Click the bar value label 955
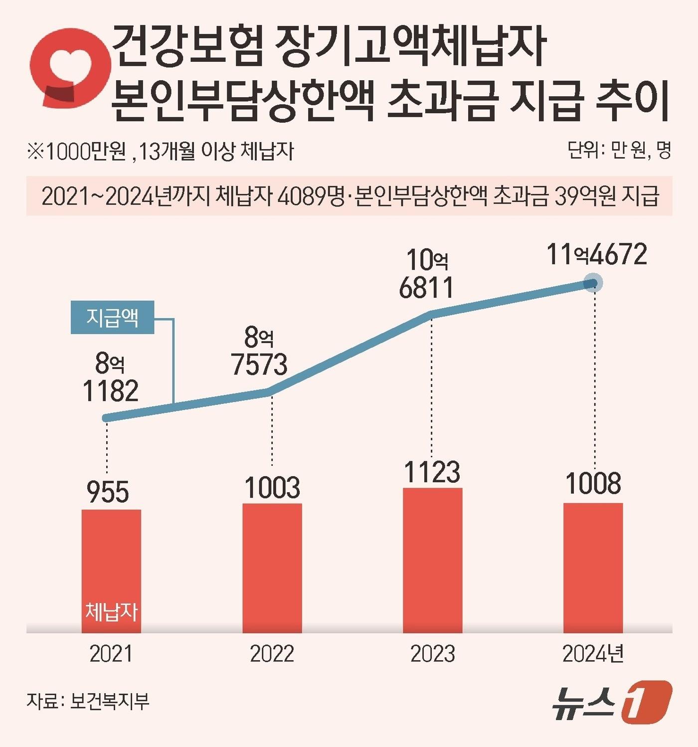point(108,492)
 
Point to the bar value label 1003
point(272,487)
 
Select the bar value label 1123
point(432,472)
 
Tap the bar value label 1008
point(593,483)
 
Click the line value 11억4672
point(597,254)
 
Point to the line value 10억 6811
point(427,274)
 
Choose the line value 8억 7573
point(259,352)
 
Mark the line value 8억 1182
point(111,378)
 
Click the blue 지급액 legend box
point(112,318)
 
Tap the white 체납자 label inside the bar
point(111,611)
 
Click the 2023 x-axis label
point(432,654)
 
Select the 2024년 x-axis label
point(593,654)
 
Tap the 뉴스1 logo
point(612,703)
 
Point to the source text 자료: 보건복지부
point(88,701)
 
